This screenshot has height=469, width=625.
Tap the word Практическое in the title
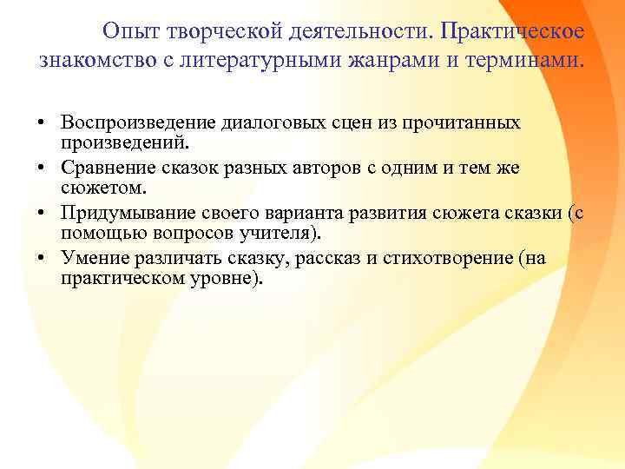click(x=512, y=32)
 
